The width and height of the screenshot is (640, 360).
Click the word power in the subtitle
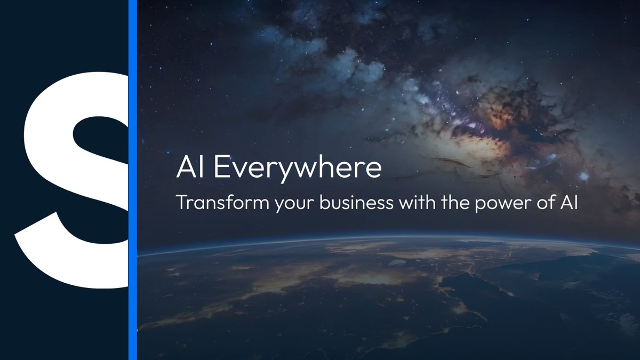(x=495, y=204)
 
